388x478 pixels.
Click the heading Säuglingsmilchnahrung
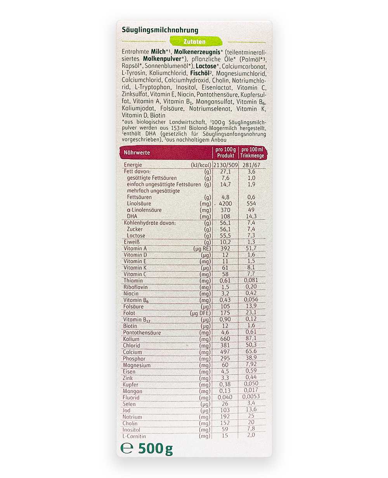pyautogui.click(x=160, y=30)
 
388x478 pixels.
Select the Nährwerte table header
pyautogui.click(x=137, y=152)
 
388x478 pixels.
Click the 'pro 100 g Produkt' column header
pyautogui.click(x=225, y=152)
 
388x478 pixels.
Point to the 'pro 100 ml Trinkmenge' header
pyautogui.click(x=252, y=152)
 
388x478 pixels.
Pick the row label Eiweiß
pyautogui.click(x=132, y=242)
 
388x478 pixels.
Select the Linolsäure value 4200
pyautogui.click(x=225, y=204)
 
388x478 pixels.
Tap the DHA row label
pyautogui.click(x=132, y=216)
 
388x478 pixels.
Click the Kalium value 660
pyautogui.click(x=225, y=339)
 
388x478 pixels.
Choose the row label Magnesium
pyautogui.click(x=137, y=365)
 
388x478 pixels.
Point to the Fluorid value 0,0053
pyautogui.click(x=251, y=397)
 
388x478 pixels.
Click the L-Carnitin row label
pyautogui.click(x=135, y=436)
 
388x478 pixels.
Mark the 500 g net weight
pyautogui.click(x=156, y=449)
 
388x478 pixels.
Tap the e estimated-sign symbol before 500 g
pyautogui.click(x=127, y=449)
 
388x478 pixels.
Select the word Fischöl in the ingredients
pyautogui.click(x=200, y=73)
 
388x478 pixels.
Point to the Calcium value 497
pyautogui.click(x=225, y=352)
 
